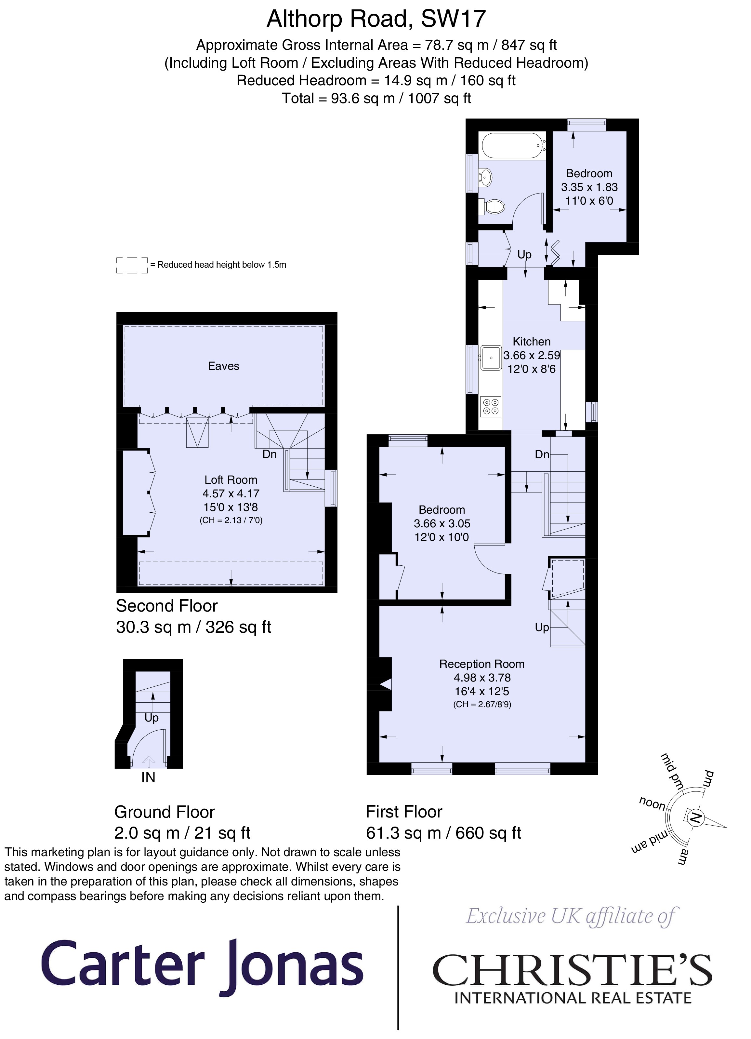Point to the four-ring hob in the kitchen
coord(491,406)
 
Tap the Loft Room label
coord(231,479)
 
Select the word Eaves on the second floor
coord(223,366)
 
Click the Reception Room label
coord(482,664)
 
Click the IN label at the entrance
coord(148,777)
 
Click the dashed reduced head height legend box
coord(132,265)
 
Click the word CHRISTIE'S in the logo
coord(572,970)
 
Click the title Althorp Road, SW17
coord(376,19)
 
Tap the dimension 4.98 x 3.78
coord(482,678)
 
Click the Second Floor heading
coord(167,606)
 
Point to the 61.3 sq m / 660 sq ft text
coord(443,832)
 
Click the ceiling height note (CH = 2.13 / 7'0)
coord(231,520)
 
